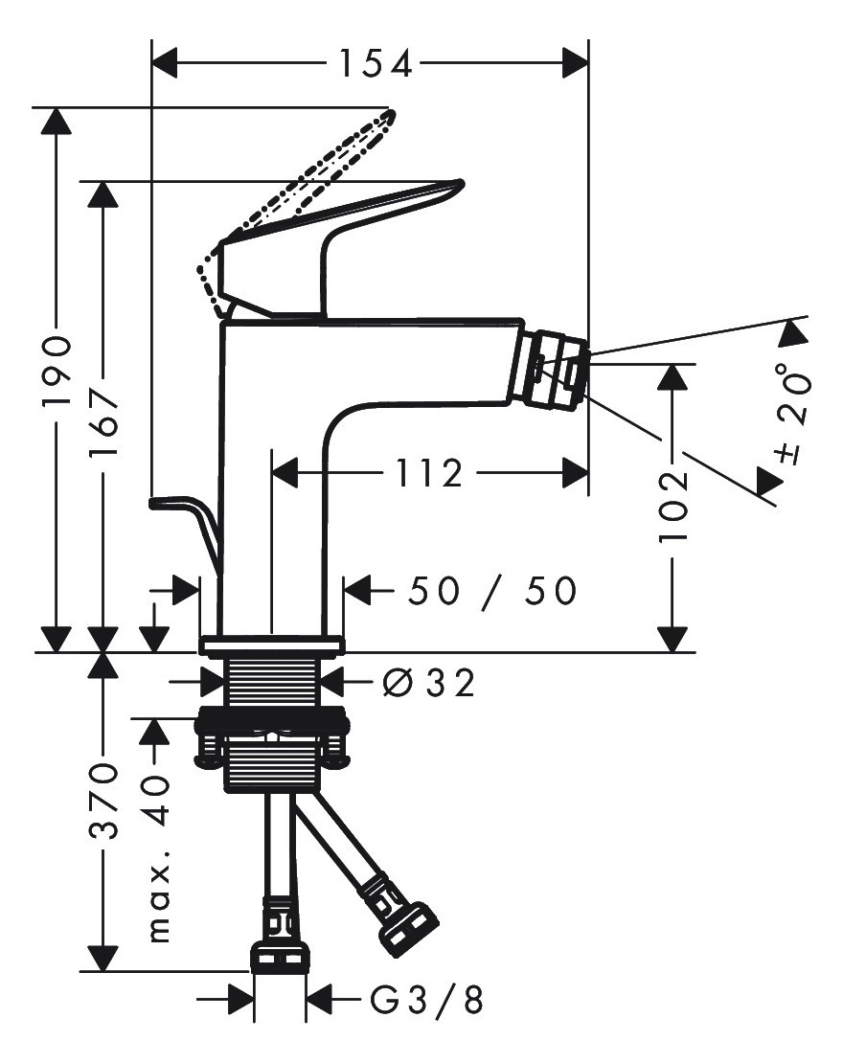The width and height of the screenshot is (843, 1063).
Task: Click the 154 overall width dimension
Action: (x=376, y=64)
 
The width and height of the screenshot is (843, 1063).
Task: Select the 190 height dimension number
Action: (x=57, y=370)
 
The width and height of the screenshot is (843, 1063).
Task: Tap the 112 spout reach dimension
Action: (x=428, y=472)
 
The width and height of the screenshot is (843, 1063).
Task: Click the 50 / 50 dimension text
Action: (x=491, y=591)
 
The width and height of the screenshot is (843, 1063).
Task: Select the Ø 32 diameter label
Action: (x=428, y=683)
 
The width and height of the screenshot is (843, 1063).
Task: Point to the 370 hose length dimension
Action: (x=103, y=801)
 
